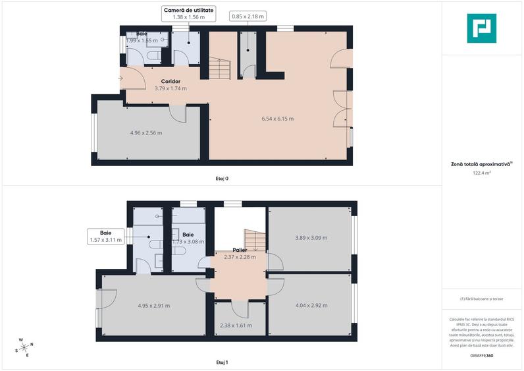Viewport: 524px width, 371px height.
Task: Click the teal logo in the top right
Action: [481, 28]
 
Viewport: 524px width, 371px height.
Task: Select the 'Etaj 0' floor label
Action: [222, 178]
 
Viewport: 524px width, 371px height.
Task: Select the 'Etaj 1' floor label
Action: [222, 362]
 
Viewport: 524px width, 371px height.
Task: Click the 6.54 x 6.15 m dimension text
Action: [277, 119]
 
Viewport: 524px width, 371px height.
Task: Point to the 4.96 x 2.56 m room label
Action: [146, 132]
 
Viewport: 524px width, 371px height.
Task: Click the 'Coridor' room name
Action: [170, 81]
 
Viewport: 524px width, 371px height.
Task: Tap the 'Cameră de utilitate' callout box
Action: [189, 13]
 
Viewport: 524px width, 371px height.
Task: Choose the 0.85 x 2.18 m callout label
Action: [247, 16]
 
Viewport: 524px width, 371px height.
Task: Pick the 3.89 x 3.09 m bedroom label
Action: [311, 237]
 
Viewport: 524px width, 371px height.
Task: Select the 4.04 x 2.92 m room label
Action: [311, 305]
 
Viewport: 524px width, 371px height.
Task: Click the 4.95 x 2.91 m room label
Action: [153, 305]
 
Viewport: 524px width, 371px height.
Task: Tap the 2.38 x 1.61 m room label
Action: [236, 325]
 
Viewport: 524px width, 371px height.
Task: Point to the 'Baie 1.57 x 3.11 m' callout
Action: [105, 237]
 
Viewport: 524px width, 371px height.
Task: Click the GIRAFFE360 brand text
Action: [482, 356]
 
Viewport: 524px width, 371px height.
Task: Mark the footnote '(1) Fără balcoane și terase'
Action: [482, 299]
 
